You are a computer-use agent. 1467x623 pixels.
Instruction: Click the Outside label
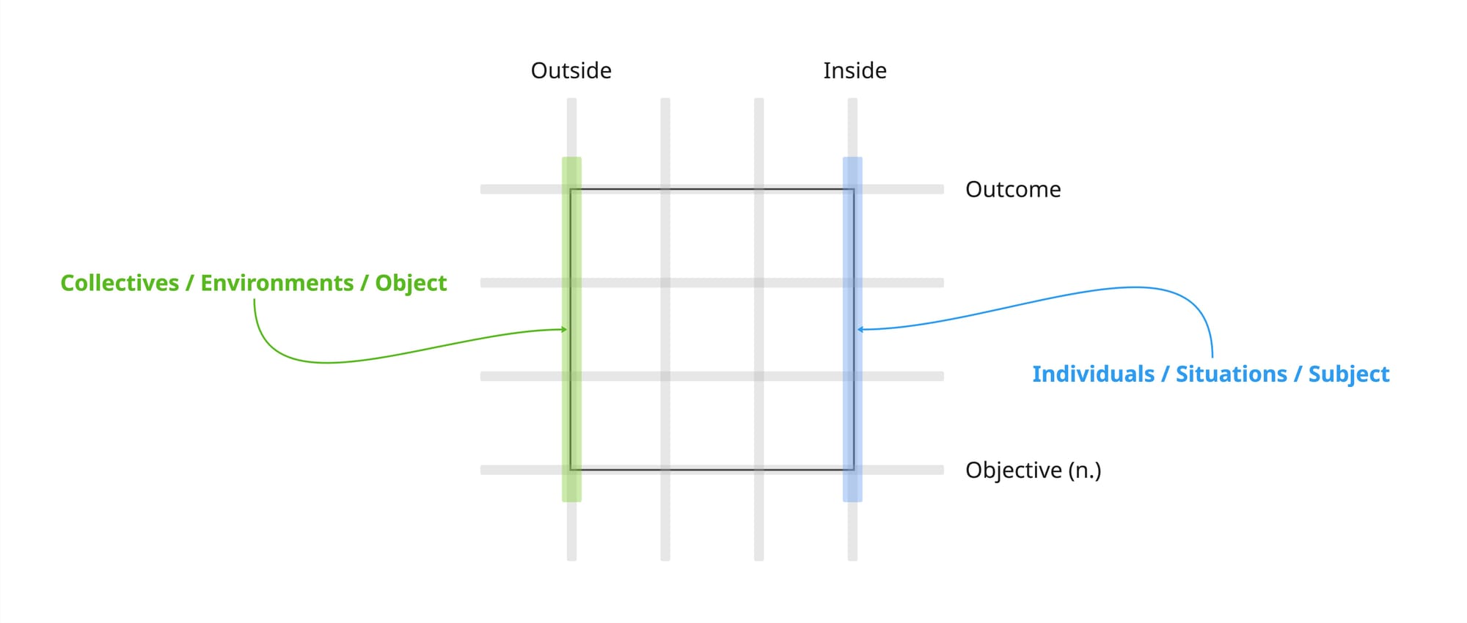point(571,70)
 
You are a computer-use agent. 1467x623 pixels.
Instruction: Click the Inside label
point(855,70)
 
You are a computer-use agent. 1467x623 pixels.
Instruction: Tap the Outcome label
point(1012,189)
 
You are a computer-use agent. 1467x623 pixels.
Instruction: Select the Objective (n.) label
point(1033,470)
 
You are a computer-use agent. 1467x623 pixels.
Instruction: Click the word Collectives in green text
point(120,283)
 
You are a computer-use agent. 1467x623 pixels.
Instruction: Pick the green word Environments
point(277,283)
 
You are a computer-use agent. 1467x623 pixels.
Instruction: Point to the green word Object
point(411,283)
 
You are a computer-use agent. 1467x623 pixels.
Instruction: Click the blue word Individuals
point(1093,374)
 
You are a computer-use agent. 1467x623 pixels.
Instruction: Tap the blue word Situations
point(1231,374)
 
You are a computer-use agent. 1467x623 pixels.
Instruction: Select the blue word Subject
point(1348,374)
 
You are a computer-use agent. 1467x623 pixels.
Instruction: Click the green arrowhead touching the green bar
point(564,330)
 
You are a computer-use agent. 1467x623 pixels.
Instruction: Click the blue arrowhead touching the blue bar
point(861,330)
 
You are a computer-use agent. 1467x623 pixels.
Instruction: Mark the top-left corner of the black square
point(571,190)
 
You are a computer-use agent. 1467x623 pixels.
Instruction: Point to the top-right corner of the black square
point(854,190)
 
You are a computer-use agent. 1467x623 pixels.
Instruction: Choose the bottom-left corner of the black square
point(571,470)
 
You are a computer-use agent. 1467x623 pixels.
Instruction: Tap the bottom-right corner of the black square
point(854,470)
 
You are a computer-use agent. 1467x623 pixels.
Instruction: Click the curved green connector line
point(330,362)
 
